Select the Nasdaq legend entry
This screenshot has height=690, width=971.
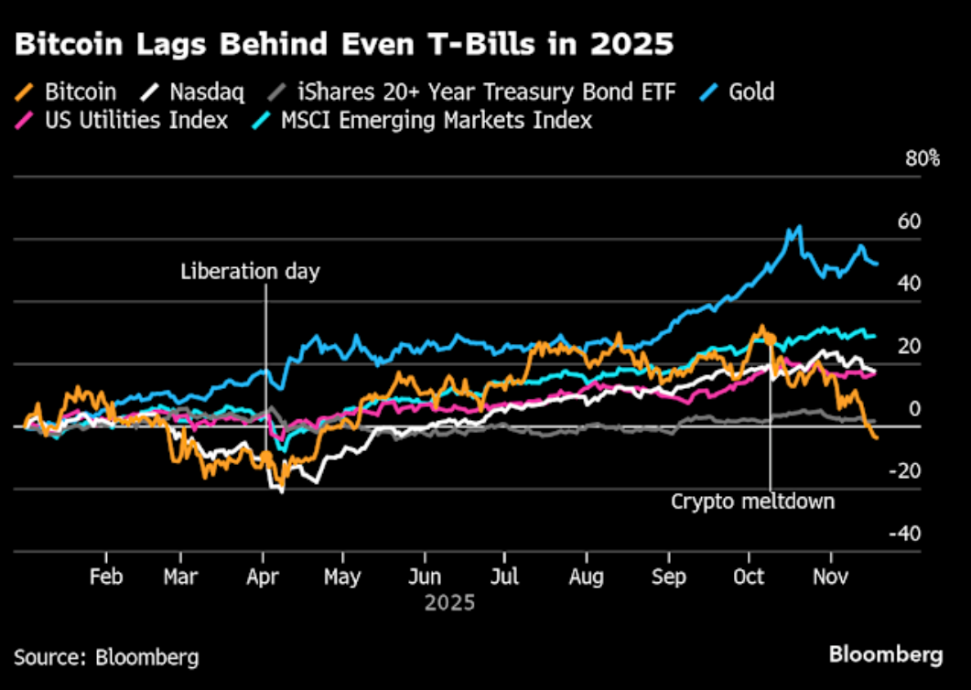[x=191, y=92]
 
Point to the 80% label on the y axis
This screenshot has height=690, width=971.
[x=922, y=158]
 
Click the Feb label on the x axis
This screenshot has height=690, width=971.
[x=106, y=577]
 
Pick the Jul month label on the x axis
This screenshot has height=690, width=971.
[x=504, y=577]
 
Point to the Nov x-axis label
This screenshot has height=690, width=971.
[x=830, y=577]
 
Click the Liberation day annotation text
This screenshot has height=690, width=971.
[x=250, y=271]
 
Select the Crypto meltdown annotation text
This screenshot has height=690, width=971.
[x=752, y=501]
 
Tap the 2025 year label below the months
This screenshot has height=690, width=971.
[x=449, y=603]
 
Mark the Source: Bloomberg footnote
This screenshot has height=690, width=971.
[x=106, y=656]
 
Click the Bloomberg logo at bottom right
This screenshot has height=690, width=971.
[x=885, y=654]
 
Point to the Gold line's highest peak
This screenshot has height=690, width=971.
[x=799, y=226]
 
